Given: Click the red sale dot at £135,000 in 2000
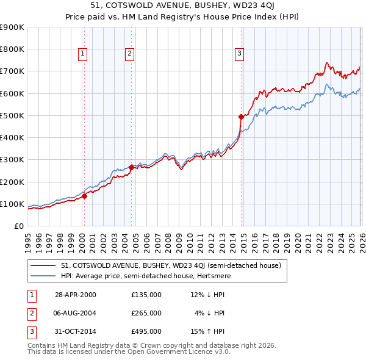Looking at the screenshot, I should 85,196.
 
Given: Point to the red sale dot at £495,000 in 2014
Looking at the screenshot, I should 241,117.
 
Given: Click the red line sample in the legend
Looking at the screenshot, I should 43,265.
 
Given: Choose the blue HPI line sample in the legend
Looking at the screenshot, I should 43,276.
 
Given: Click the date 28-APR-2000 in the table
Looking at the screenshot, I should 76,295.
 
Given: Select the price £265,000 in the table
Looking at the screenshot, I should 146,313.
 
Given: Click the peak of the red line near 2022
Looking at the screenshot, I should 326,62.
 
